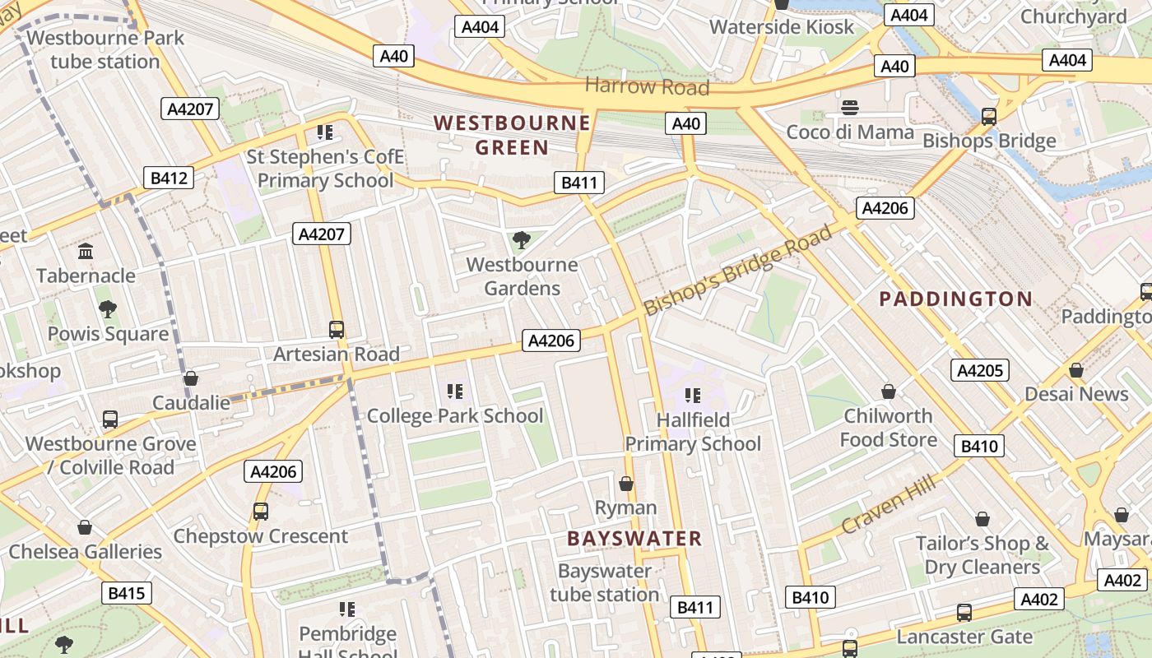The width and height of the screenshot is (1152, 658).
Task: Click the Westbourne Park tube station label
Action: click(x=105, y=49)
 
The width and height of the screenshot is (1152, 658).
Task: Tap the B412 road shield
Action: click(x=169, y=178)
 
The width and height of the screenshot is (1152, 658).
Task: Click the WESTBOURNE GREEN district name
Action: click(x=512, y=136)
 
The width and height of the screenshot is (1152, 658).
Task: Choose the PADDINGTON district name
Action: click(x=955, y=299)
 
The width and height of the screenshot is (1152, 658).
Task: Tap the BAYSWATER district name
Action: click(x=634, y=539)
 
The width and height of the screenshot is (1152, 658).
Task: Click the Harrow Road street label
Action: click(x=647, y=86)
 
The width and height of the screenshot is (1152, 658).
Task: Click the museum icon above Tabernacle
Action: click(x=86, y=251)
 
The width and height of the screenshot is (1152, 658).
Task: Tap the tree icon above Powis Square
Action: click(x=107, y=309)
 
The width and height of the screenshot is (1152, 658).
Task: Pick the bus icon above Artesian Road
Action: click(x=336, y=330)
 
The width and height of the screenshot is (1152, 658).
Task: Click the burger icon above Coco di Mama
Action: click(x=850, y=108)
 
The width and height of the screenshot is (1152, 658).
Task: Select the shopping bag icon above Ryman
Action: click(x=626, y=484)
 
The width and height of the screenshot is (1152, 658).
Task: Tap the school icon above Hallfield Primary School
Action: click(x=692, y=396)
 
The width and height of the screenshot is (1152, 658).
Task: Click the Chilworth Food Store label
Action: click(x=888, y=428)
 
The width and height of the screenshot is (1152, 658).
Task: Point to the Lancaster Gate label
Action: click(x=964, y=637)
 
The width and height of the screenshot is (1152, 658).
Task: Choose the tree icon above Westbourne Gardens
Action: click(x=521, y=240)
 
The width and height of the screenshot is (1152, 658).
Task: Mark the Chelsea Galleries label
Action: click(x=85, y=551)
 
